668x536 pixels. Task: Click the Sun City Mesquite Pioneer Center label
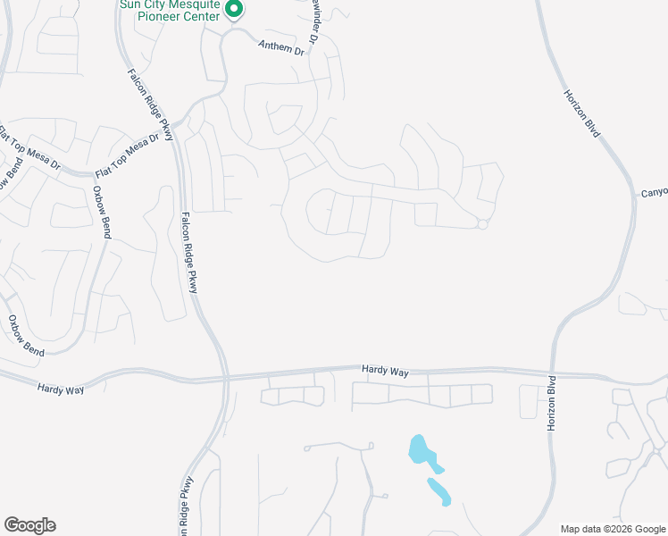point(171,10)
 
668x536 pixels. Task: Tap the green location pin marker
point(234,11)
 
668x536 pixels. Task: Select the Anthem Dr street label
point(280,48)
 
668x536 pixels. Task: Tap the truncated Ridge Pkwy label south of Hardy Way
point(186,508)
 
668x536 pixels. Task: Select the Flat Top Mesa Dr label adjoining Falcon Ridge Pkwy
point(133,154)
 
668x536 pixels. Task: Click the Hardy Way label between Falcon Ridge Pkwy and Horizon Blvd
point(385,370)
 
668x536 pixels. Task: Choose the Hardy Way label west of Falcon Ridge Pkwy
point(61,389)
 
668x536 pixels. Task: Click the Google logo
point(29,524)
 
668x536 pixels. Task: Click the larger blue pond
point(424,453)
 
